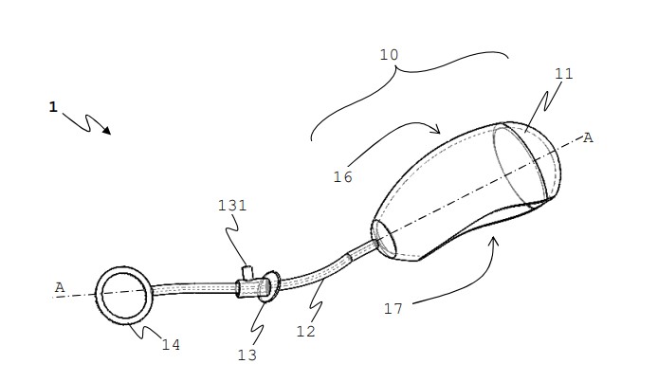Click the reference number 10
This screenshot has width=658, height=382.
pyautogui.click(x=389, y=55)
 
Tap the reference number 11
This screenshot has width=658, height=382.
pyautogui.click(x=563, y=74)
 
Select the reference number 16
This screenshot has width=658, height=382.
pyautogui.click(x=343, y=177)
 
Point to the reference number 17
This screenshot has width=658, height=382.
pyautogui.click(x=393, y=309)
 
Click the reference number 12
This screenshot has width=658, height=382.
pyautogui.click(x=305, y=332)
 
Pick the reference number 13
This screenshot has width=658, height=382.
pyautogui.click(x=247, y=355)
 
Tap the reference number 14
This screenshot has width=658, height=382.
pyautogui.click(x=171, y=345)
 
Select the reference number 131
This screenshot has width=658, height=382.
pyautogui.click(x=232, y=206)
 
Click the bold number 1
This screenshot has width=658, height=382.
pyautogui.click(x=53, y=107)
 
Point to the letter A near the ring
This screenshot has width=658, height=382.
pyautogui.click(x=60, y=287)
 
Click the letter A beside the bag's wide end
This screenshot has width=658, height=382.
pyautogui.click(x=588, y=138)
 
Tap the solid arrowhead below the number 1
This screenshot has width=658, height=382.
pyautogui.click(x=107, y=131)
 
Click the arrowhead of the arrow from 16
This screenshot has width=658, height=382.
pyautogui.click(x=436, y=129)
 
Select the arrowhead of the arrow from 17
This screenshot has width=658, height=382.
pyautogui.click(x=494, y=241)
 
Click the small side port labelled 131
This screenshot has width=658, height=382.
pyautogui.click(x=247, y=273)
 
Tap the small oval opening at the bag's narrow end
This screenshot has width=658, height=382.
pyautogui.click(x=384, y=239)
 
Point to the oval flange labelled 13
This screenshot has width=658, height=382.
pyautogui.click(x=270, y=286)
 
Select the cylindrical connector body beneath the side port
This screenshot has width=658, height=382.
pyautogui.click(x=251, y=288)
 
